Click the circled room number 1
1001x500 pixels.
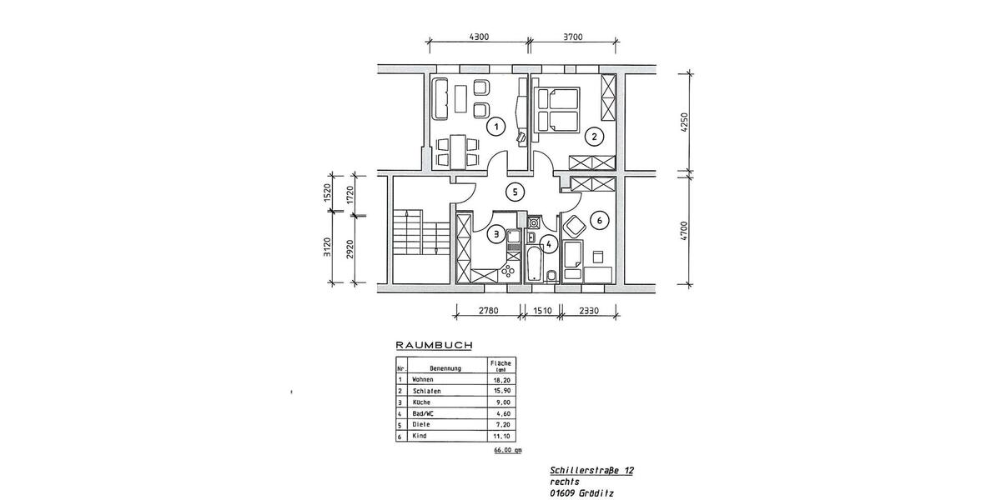click(496, 127)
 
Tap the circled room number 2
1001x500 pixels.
click(593, 136)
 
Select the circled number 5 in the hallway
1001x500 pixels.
click(516, 192)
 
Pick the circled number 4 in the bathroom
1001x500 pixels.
click(548, 244)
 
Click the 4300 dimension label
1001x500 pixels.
click(479, 36)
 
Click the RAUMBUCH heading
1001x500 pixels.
click(434, 344)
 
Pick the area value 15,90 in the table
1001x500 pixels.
click(501, 390)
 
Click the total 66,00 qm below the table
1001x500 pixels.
click(507, 450)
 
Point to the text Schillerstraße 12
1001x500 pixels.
click(591, 471)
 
